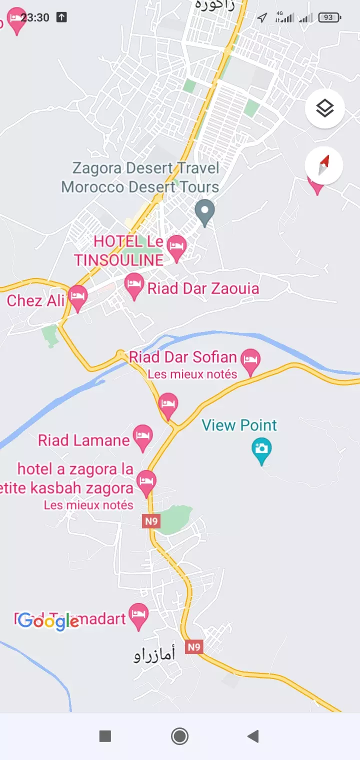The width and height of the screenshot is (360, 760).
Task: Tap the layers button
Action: click(324, 108)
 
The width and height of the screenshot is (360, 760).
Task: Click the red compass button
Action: click(324, 165)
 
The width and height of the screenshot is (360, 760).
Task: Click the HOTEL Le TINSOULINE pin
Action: click(176, 247)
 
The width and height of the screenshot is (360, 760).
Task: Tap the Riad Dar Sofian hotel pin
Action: click(250, 360)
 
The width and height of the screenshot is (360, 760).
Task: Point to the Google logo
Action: click(48, 621)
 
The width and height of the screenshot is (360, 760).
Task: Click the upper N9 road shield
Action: click(151, 521)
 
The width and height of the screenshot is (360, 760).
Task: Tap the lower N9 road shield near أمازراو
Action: click(193, 647)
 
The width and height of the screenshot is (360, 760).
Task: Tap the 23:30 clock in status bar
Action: click(35, 17)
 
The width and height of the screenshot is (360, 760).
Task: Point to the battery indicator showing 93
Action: click(328, 17)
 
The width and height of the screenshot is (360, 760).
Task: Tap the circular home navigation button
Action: click(179, 736)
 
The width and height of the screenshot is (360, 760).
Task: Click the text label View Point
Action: click(239, 425)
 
